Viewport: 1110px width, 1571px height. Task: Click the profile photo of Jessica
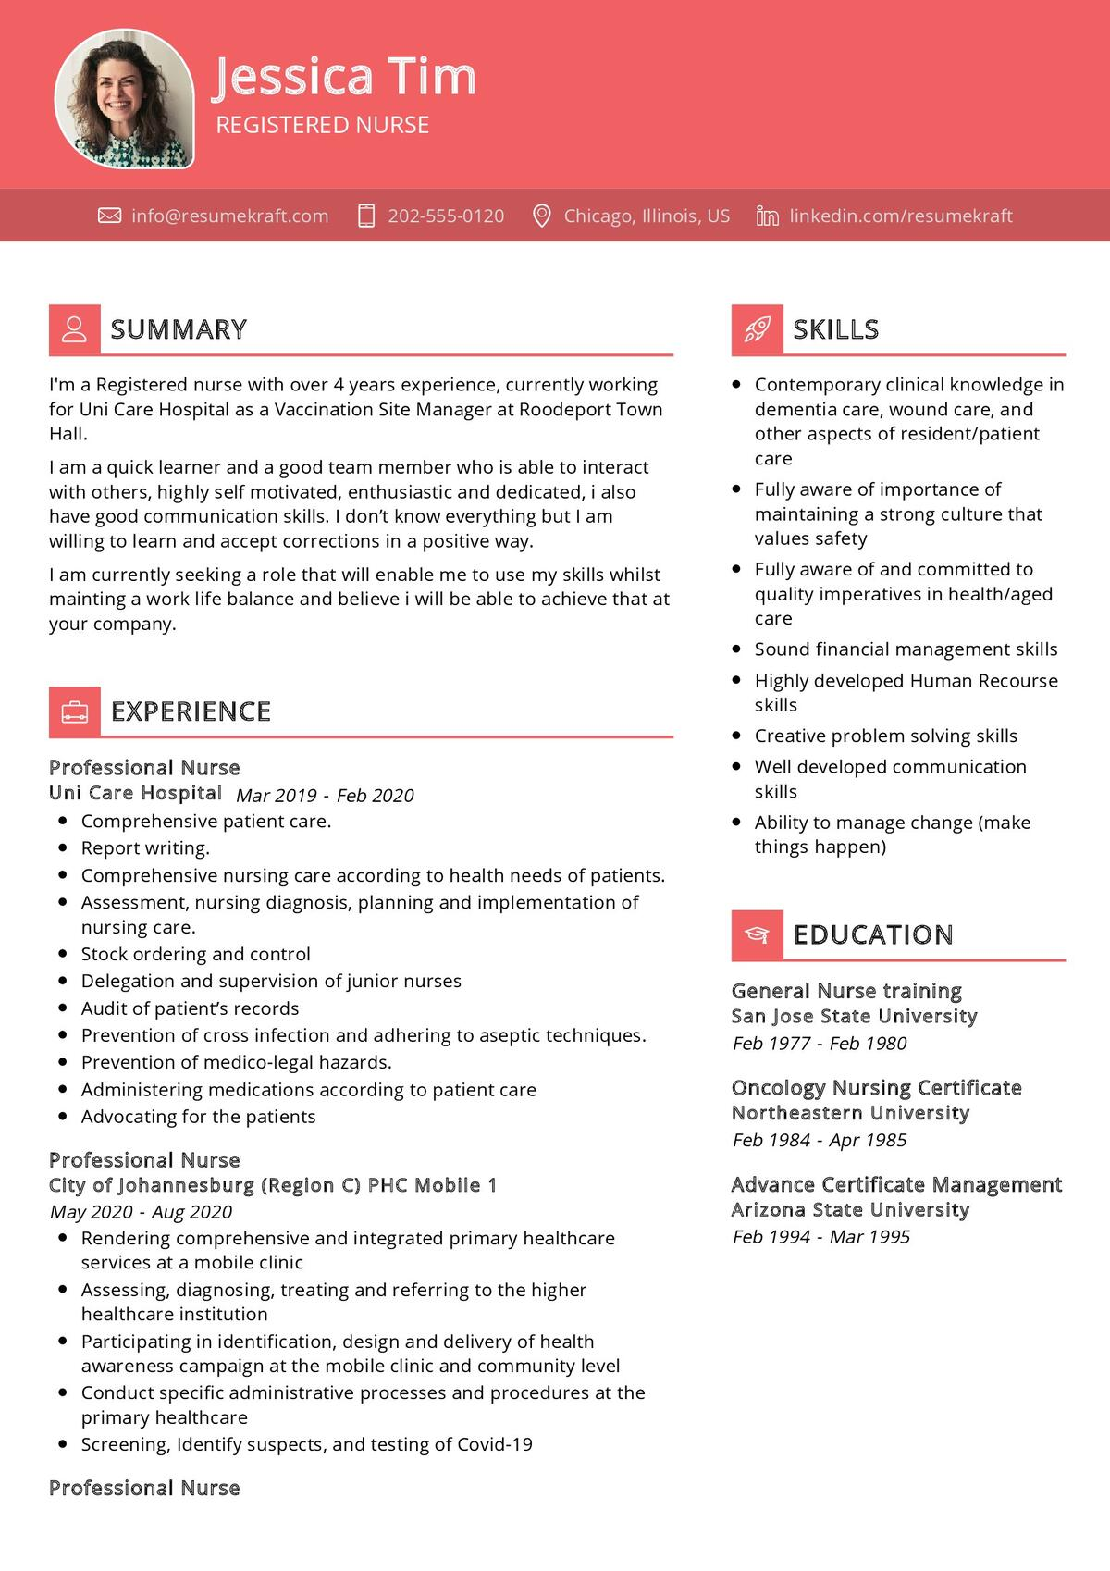tap(125, 98)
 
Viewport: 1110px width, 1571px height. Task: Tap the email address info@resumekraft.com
tap(229, 216)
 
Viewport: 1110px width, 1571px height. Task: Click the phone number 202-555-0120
tap(446, 216)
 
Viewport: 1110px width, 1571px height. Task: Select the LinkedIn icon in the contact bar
tap(767, 216)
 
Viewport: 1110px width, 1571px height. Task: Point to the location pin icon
tap(542, 216)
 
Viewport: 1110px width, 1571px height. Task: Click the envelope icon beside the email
tap(109, 216)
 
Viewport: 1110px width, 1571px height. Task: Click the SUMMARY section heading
tap(179, 329)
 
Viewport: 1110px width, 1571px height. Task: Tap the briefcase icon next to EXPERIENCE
tap(74, 711)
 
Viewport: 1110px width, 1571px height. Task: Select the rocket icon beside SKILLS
tap(757, 329)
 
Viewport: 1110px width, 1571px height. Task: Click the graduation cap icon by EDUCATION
tap(757, 934)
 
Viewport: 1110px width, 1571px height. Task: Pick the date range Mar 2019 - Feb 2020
tap(325, 796)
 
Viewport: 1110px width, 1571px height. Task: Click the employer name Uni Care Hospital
tap(135, 793)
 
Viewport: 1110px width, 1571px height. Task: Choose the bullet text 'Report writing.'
tap(145, 847)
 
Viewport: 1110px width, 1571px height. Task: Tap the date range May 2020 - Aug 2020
tap(141, 1212)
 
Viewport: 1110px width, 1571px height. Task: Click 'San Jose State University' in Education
tap(854, 1016)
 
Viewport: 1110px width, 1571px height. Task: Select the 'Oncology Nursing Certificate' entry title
tap(876, 1087)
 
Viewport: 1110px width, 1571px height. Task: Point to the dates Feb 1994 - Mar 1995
tap(821, 1237)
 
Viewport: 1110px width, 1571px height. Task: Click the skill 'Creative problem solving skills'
tap(885, 736)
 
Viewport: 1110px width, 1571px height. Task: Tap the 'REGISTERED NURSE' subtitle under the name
tap(322, 125)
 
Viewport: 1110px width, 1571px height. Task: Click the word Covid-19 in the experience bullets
tap(495, 1444)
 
